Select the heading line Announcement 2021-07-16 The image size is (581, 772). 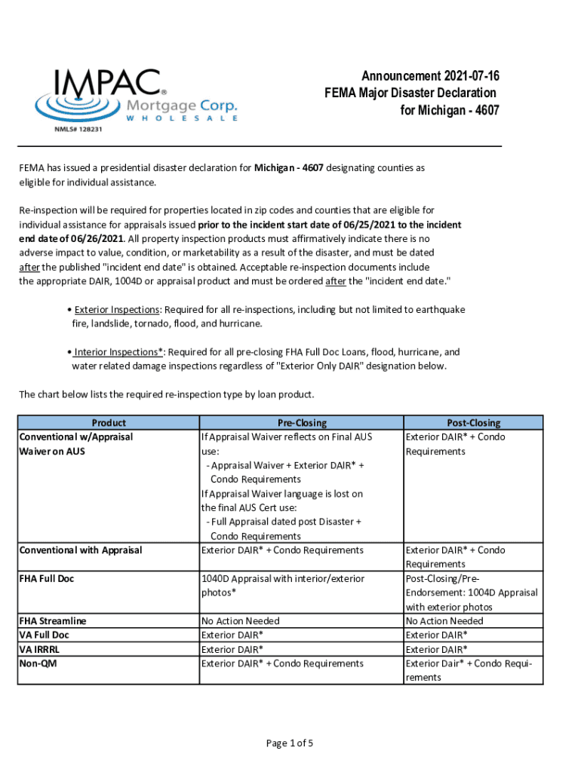(x=430, y=76)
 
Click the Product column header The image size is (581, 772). (x=109, y=423)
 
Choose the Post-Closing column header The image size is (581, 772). (x=473, y=423)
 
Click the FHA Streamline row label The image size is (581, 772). (x=53, y=621)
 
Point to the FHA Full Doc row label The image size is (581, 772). (x=47, y=579)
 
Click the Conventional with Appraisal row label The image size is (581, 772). (x=81, y=550)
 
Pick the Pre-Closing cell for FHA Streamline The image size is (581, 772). (x=241, y=621)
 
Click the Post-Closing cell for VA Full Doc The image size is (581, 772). (x=437, y=635)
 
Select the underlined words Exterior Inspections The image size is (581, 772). (x=117, y=310)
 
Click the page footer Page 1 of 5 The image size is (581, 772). (x=290, y=743)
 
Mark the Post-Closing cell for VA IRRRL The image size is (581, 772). (x=437, y=649)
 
